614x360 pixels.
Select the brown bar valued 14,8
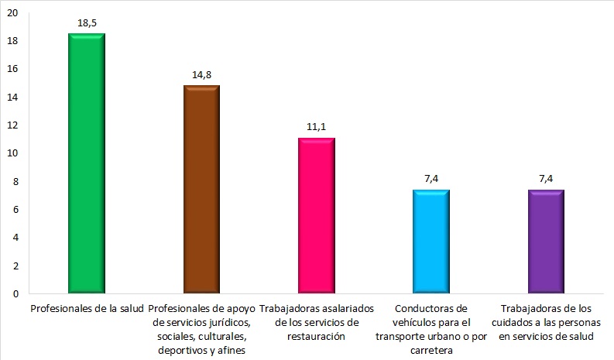pyautogui.click(x=201, y=190)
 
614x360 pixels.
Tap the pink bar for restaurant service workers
pyautogui.click(x=316, y=216)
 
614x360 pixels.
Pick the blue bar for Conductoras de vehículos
pyautogui.click(x=430, y=242)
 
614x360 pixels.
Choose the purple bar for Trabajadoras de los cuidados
pyautogui.click(x=545, y=242)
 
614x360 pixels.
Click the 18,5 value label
pyautogui.click(x=87, y=24)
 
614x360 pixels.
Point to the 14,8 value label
pyautogui.click(x=201, y=75)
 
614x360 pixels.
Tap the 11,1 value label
pyautogui.click(x=316, y=128)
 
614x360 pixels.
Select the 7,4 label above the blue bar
pyautogui.click(x=431, y=179)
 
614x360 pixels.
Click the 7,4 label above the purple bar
pyautogui.click(x=546, y=179)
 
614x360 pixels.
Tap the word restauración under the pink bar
pyautogui.click(x=317, y=337)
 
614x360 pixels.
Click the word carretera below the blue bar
pyautogui.click(x=431, y=351)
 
